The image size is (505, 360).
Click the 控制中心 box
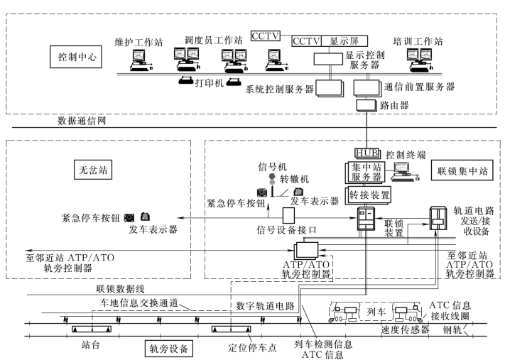pos(76,57)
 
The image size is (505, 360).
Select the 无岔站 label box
pos(93,170)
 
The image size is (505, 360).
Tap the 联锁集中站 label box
pos(462,170)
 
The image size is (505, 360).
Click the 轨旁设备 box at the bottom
pos(169,349)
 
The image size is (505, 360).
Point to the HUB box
pos(367,153)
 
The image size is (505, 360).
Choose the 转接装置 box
pos(368,195)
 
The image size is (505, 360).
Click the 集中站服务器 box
pos(365,173)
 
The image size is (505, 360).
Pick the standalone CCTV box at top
pos(266,36)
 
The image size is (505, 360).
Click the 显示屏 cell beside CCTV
pos(344,41)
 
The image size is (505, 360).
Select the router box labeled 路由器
pos(366,106)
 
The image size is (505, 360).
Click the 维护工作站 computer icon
pos(141,60)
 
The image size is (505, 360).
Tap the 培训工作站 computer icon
pos(420,60)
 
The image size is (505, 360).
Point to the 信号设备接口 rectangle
pos(288,215)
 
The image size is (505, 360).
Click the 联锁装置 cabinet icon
pos(366,219)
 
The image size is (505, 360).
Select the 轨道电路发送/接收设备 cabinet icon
pos(438,218)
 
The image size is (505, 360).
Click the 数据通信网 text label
pos(82,121)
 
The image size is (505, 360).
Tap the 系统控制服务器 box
pos(330,88)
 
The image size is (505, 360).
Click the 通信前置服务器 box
pos(367,87)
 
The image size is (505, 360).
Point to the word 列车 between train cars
pos(376,312)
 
